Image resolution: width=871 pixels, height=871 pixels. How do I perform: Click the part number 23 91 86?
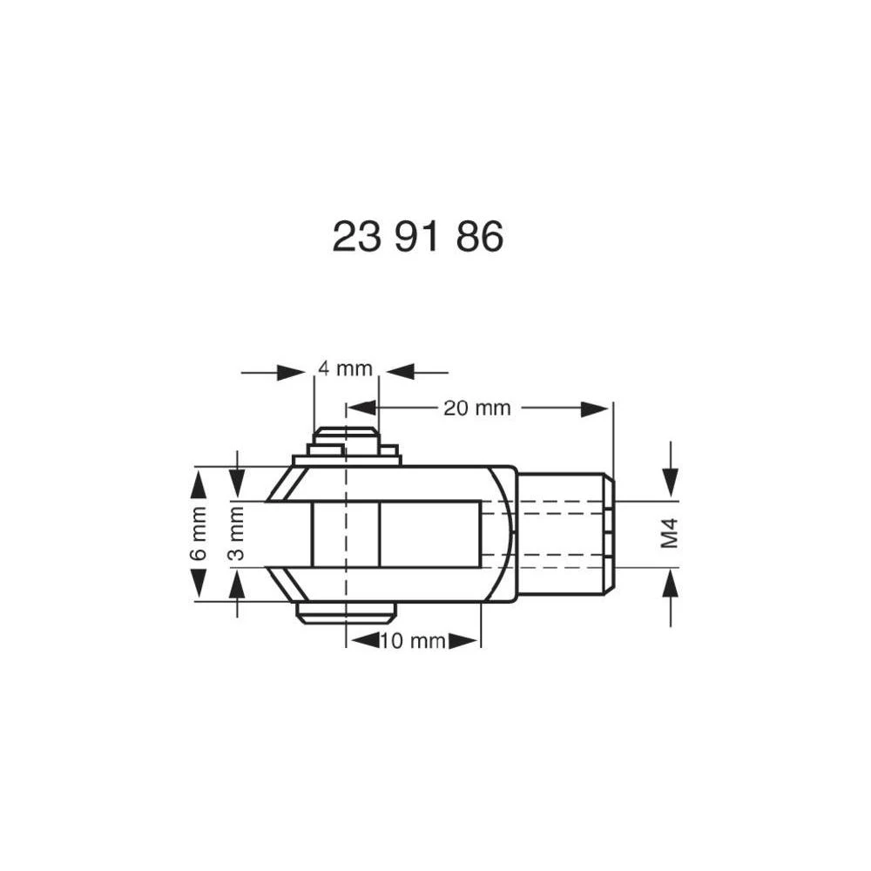pyautogui.click(x=417, y=236)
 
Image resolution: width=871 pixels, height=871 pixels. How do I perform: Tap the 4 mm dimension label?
pyautogui.click(x=345, y=368)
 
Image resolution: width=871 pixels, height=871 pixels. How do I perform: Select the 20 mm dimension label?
pyautogui.click(x=476, y=408)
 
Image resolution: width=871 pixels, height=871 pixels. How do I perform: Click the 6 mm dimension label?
pyautogui.click(x=199, y=533)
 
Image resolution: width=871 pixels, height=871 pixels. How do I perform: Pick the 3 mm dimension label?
pyautogui.click(x=237, y=534)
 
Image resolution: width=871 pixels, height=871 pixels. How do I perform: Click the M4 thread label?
pyautogui.click(x=669, y=534)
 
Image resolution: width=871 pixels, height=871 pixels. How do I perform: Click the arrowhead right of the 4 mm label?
pyautogui.click(x=400, y=373)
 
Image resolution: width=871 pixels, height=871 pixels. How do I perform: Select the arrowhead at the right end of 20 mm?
pyautogui.click(x=595, y=408)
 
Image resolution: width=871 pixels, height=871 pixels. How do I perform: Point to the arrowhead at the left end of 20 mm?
pyautogui.click(x=361, y=408)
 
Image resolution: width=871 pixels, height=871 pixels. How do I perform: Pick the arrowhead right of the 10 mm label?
pyautogui.click(x=464, y=641)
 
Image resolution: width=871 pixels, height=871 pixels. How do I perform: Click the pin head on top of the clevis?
pyautogui.click(x=347, y=441)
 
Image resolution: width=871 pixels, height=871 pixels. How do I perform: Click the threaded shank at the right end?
pyautogui.click(x=564, y=533)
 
